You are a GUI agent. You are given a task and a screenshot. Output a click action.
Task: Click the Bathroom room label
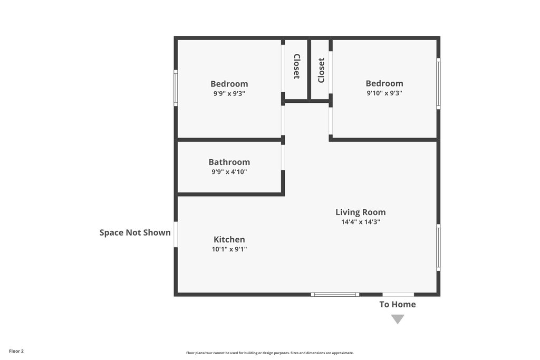pos(229,162)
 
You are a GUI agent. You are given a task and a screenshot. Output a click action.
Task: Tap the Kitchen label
pos(229,239)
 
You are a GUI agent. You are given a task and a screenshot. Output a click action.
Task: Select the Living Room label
pos(361,212)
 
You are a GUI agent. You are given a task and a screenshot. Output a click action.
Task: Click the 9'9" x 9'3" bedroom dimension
pos(229,93)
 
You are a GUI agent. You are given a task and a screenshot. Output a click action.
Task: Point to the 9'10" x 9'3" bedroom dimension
pos(384,93)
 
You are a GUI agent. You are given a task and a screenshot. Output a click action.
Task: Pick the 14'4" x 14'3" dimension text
pos(361,222)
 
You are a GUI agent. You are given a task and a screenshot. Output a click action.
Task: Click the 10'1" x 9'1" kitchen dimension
pos(229,249)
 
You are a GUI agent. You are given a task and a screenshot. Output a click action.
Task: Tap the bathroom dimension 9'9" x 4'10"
pos(229,172)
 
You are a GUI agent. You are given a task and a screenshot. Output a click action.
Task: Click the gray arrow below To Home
pos(398,319)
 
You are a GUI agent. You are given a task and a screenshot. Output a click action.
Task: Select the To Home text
pos(398,304)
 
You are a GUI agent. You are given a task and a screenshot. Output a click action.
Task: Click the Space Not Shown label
pos(135,232)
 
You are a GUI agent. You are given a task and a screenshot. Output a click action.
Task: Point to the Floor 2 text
pos(16,351)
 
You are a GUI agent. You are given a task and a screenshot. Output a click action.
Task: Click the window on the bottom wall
pos(335,295)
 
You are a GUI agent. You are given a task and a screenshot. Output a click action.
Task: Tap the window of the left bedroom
pos(176,88)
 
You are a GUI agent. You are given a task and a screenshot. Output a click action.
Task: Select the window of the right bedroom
pos(438,84)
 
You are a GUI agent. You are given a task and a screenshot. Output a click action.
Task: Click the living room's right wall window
pos(438,247)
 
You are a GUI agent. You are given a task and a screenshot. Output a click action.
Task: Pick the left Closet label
pos(296,66)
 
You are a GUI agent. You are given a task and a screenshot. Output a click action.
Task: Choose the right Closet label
pos(321,70)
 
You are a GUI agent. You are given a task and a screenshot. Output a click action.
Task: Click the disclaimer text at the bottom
pos(270,353)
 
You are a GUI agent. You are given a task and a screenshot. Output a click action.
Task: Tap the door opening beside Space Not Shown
pos(176,235)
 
